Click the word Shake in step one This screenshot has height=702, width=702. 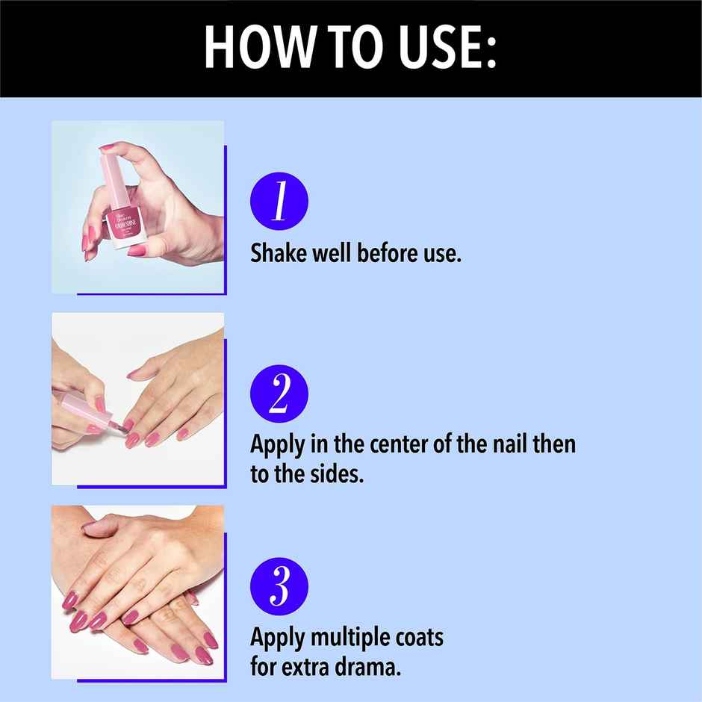(x=278, y=253)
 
